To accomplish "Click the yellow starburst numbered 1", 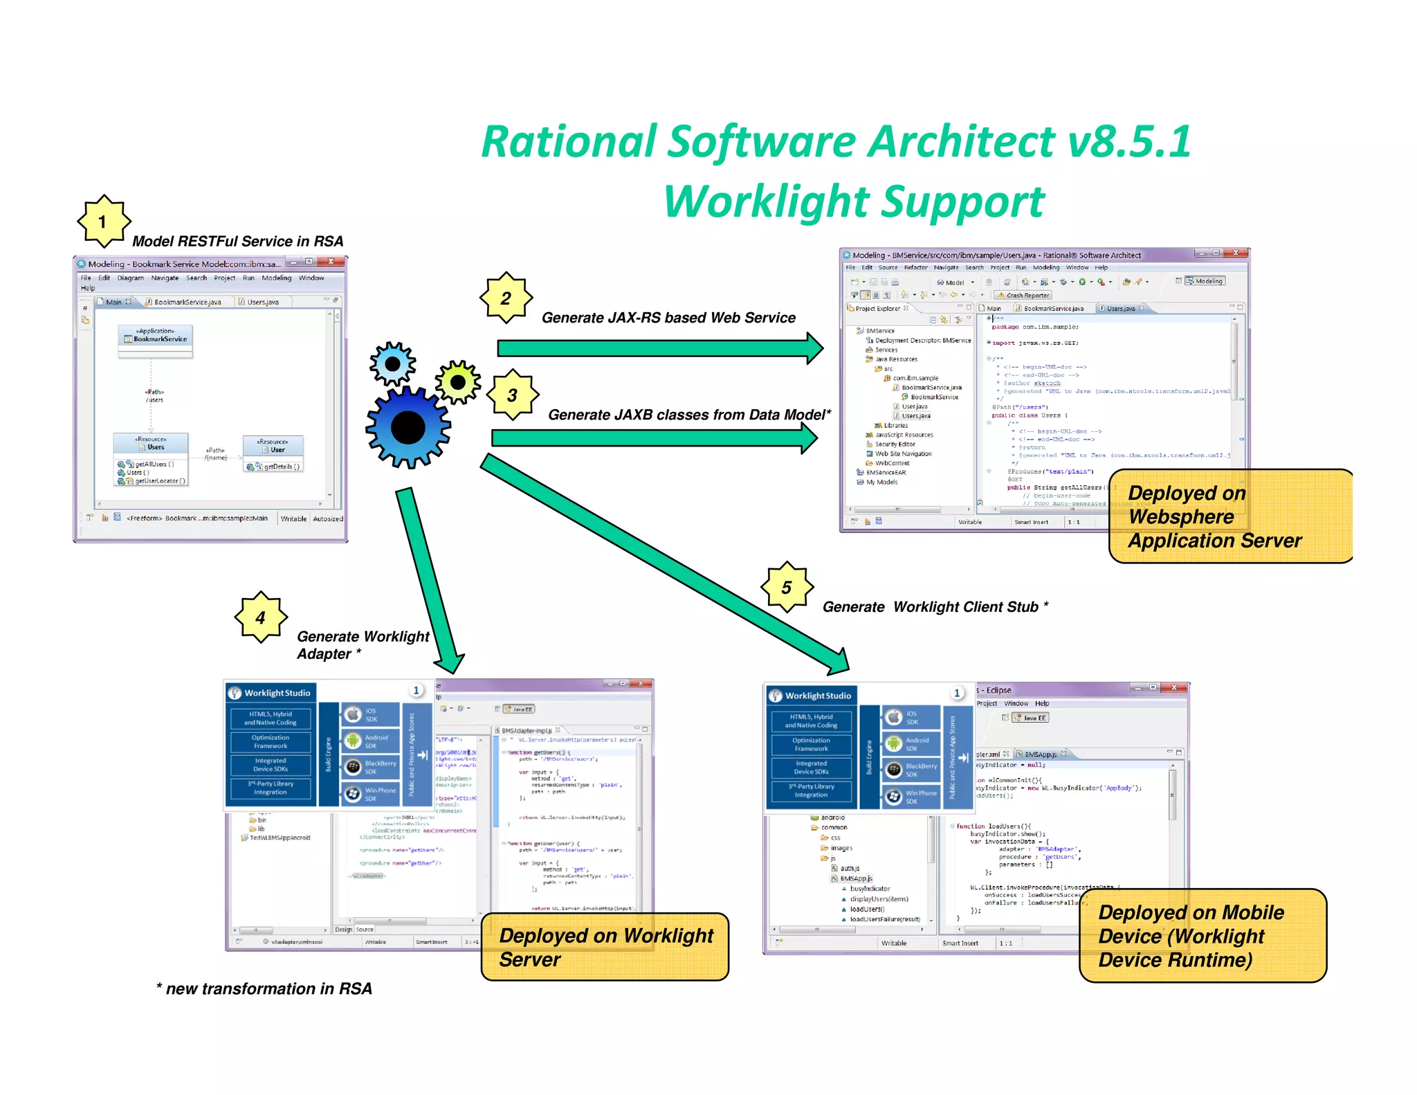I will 103,221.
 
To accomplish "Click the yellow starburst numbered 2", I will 506,298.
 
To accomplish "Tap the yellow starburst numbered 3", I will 512,395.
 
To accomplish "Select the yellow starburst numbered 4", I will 260,617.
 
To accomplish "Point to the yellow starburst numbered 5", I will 787,588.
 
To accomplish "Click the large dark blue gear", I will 408,428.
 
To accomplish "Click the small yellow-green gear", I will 457,381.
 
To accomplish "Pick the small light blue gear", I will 392,363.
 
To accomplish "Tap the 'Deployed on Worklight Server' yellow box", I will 605,947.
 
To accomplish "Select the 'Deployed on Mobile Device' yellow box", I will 1203,936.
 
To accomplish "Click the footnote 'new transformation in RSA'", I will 264,988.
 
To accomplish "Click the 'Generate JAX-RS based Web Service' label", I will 668,318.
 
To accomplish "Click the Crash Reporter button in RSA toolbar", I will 1023,295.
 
